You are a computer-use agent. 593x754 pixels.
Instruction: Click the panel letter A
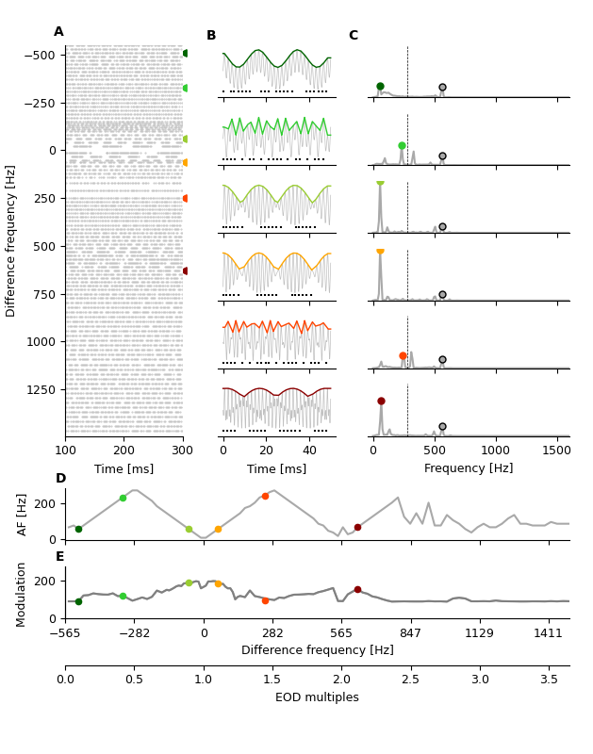[x=58, y=32]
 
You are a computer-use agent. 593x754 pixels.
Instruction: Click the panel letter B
[x=211, y=36]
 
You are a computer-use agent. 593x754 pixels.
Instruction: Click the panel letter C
[x=354, y=36]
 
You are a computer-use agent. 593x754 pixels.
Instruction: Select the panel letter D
[x=60, y=479]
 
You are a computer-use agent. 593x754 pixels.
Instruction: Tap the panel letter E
[x=60, y=557]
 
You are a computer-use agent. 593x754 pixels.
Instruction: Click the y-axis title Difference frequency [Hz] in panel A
[x=11, y=240]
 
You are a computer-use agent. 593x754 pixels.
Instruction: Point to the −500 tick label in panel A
[x=37, y=55]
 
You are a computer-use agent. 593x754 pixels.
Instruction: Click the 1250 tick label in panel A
[x=41, y=389]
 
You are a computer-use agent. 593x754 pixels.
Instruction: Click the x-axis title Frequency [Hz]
[x=469, y=468]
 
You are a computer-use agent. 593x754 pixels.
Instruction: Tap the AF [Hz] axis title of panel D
[x=23, y=514]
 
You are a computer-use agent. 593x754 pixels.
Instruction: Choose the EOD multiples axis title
[x=317, y=697]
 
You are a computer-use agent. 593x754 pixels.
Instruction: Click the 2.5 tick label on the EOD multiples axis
[x=410, y=680]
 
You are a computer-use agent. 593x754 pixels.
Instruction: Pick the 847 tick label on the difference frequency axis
[x=410, y=633]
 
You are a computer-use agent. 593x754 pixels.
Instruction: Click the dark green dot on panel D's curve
[x=78, y=529]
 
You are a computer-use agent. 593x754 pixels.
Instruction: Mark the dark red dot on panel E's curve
[x=357, y=589]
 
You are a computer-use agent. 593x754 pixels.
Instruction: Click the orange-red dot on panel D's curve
[x=265, y=496]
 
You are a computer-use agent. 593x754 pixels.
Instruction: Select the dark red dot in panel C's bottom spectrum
[x=381, y=401]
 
